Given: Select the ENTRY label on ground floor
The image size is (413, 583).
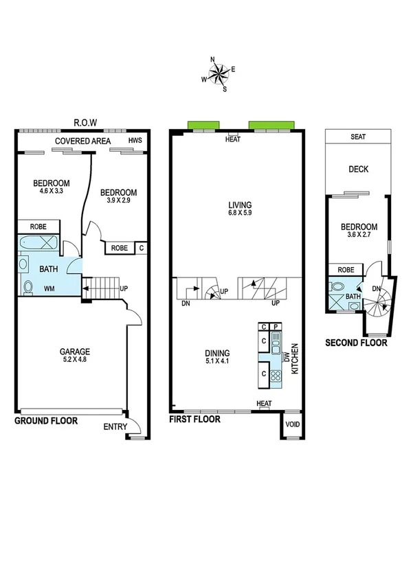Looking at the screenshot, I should click(x=115, y=427).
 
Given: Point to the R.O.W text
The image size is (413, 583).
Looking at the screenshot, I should click(x=85, y=123).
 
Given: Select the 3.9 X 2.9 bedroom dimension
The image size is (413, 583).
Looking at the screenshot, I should click(x=118, y=202).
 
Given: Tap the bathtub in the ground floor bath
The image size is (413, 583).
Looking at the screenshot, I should click(x=39, y=243).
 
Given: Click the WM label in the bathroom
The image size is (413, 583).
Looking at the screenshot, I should click(x=49, y=289).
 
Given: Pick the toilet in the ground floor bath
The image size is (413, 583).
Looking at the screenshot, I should click(x=28, y=286).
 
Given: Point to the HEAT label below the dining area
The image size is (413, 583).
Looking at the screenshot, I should click(x=264, y=404).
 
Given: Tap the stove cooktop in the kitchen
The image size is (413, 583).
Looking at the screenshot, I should click(x=276, y=376).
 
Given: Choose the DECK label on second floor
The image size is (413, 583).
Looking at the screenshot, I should click(x=358, y=169).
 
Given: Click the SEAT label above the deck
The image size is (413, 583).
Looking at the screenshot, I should click(x=358, y=137).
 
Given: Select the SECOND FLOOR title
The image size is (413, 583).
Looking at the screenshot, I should click(x=356, y=343).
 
